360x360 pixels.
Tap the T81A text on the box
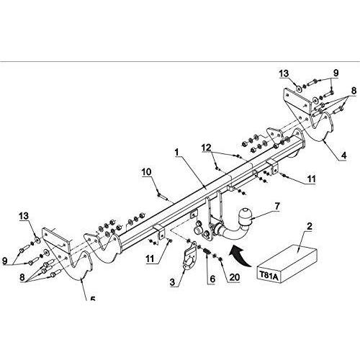point(269,276)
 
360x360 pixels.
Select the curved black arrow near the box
point(239,256)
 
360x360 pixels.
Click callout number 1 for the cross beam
point(177,152)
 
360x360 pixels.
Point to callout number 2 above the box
point(310,226)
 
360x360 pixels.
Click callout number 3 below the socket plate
point(172,282)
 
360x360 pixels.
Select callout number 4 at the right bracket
point(343,156)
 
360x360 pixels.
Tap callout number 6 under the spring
point(212,279)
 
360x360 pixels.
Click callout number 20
point(235,277)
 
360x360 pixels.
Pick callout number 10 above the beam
point(146,172)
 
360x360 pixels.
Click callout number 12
point(206,148)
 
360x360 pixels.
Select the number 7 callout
point(277,206)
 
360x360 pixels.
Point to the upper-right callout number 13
point(284,73)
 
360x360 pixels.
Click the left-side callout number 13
point(24,216)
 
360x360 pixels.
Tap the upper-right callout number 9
point(336,73)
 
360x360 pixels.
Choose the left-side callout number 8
point(22,277)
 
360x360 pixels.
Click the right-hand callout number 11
point(311,179)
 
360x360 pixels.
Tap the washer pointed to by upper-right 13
point(299,89)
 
